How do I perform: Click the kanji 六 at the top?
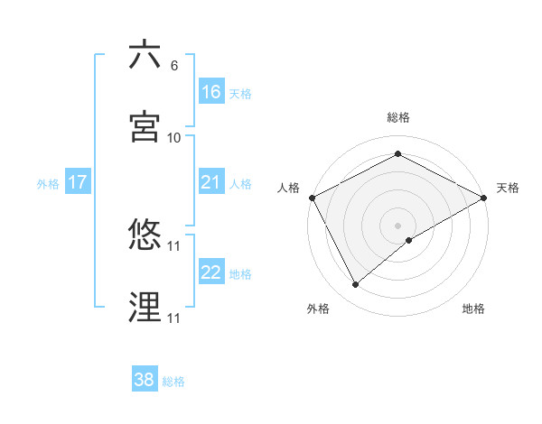[145, 56]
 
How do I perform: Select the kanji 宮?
[145, 127]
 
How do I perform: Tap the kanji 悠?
[145, 236]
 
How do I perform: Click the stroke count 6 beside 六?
[173, 67]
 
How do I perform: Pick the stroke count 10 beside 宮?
[173, 138]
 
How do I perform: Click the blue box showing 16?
[211, 92]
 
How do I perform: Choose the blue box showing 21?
[211, 182]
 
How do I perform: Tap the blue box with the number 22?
[211, 272]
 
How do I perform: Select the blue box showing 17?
[78, 182]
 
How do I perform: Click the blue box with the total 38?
[145, 380]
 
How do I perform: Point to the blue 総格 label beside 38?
[173, 382]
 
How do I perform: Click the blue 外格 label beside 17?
[48, 184]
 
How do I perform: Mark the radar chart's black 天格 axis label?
[508, 188]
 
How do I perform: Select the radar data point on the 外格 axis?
[356, 284]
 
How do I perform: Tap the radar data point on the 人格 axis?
[312, 197]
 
